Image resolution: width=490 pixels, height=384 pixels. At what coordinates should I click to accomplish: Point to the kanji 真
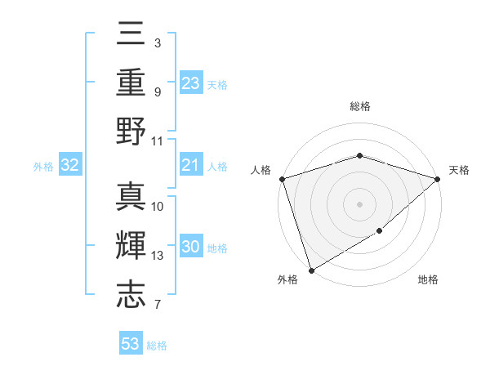tap(131, 195)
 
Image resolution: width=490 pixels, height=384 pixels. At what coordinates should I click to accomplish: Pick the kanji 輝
tap(131, 244)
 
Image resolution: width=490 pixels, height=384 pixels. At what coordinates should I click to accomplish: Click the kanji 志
tap(131, 294)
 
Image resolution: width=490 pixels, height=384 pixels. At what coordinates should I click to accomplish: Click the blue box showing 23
tap(191, 83)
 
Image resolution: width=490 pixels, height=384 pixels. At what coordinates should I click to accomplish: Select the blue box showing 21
tap(191, 165)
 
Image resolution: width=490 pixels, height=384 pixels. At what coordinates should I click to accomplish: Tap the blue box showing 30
tap(191, 248)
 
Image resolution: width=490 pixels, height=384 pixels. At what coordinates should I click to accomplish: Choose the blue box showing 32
tap(69, 166)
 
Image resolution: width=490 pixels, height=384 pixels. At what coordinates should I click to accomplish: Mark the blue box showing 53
tap(131, 344)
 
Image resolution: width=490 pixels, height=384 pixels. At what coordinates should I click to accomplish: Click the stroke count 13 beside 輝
tap(158, 256)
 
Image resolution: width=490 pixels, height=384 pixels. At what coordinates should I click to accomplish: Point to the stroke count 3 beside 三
tap(157, 42)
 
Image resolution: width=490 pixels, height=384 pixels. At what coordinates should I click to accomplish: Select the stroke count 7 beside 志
tap(157, 306)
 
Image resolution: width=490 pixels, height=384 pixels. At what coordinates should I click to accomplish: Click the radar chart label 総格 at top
tap(359, 106)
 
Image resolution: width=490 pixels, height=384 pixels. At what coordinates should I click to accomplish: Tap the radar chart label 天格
tap(459, 170)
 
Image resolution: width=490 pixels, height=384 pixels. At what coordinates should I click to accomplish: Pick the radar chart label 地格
tap(428, 279)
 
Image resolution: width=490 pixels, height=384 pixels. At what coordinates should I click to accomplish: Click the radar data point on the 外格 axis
tap(311, 270)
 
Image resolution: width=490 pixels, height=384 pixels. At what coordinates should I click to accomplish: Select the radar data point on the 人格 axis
tap(282, 179)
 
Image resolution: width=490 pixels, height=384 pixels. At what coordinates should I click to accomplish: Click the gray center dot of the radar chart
tap(359, 203)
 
